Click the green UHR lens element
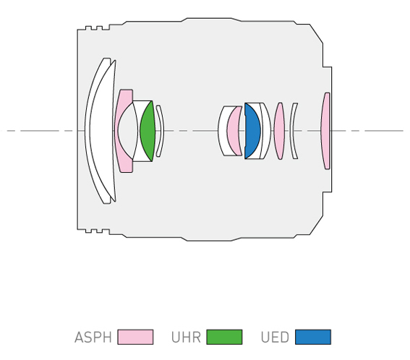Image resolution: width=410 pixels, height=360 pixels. click(x=148, y=131)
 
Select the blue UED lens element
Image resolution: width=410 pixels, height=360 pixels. click(x=252, y=131)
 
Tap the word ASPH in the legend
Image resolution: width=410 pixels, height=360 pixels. click(x=93, y=338)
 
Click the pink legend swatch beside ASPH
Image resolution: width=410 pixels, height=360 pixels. click(x=135, y=337)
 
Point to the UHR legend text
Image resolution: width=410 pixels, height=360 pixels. click(x=186, y=338)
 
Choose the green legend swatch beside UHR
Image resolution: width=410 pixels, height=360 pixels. click(x=224, y=337)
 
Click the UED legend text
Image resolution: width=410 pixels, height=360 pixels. click(x=275, y=338)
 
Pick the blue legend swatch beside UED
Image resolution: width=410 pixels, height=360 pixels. click(x=313, y=337)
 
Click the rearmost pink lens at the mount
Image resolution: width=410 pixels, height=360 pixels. click(x=325, y=131)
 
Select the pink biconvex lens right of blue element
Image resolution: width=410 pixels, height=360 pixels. click(x=279, y=131)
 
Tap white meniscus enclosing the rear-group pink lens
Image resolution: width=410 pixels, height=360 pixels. click(x=222, y=131)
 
